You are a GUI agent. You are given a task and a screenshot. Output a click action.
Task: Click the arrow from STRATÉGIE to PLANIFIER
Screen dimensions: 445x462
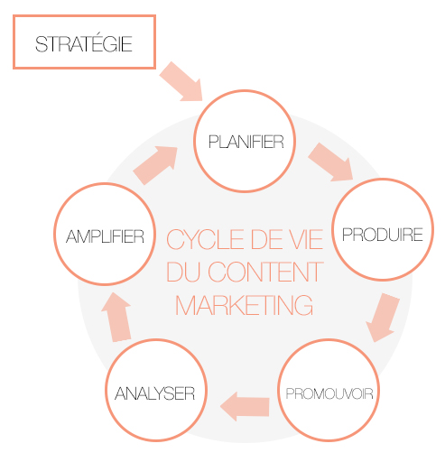tap(181, 81)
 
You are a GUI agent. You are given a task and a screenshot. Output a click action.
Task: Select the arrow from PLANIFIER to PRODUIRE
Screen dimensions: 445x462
tap(330, 162)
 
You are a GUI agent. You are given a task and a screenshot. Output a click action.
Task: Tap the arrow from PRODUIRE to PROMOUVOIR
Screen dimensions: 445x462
tap(383, 317)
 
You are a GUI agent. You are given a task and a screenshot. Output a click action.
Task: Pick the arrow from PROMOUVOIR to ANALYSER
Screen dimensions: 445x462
tap(245, 406)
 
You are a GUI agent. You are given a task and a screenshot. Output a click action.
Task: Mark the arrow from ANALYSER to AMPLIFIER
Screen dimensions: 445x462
tap(116, 317)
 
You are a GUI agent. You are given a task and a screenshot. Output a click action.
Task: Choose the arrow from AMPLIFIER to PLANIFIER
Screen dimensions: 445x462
tap(155, 165)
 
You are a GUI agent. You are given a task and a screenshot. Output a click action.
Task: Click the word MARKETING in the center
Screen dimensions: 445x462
tap(244, 305)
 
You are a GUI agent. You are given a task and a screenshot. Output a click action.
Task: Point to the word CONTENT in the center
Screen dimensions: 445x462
tap(265, 272)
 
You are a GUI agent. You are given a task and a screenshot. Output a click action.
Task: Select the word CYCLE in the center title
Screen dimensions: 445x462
tap(206, 239)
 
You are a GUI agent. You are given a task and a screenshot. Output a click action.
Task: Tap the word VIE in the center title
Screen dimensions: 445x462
tap(304, 239)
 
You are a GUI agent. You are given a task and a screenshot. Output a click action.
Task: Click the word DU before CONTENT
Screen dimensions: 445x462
tap(183, 272)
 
